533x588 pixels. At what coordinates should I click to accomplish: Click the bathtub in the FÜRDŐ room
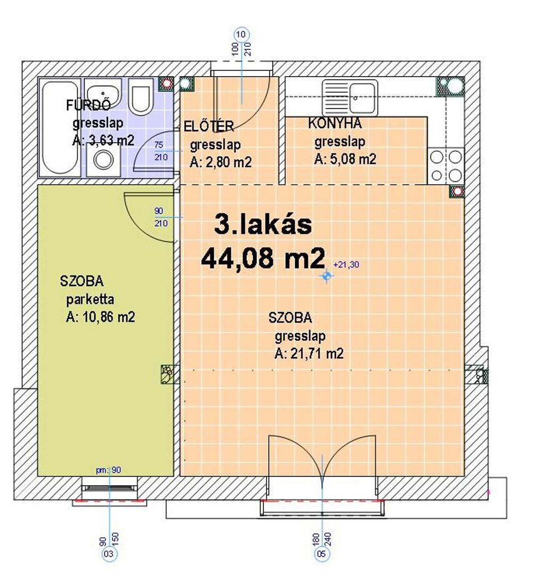coord(60,127)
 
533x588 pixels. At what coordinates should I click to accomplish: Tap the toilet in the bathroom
coord(141,96)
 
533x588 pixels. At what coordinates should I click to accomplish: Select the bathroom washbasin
coord(102,93)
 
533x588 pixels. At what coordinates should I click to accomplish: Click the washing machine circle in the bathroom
coord(103,160)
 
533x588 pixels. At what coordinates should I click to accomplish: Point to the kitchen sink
coord(350,98)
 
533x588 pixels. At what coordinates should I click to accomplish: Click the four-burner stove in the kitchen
coord(446,165)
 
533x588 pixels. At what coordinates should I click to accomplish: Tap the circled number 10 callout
coord(241,35)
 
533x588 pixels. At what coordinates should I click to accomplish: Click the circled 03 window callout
coord(108,554)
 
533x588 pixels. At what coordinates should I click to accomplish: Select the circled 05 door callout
coord(322,553)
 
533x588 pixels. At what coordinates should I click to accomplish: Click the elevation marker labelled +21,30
coord(326,276)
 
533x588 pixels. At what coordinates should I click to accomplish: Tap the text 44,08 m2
coord(263,259)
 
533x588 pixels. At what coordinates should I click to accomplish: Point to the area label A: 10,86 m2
coord(100,317)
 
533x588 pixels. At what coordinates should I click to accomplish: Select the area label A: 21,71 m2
coord(309,354)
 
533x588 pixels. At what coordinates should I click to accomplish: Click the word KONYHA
coord(335,124)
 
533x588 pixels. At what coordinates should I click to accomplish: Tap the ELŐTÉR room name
coord(209,126)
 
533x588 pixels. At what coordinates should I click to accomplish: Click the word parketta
coord(90,299)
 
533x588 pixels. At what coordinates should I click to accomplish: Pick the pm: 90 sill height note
coord(109,470)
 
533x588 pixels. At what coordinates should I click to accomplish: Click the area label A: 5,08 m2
coord(345,159)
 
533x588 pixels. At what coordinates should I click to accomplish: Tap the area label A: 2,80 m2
coord(221,162)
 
